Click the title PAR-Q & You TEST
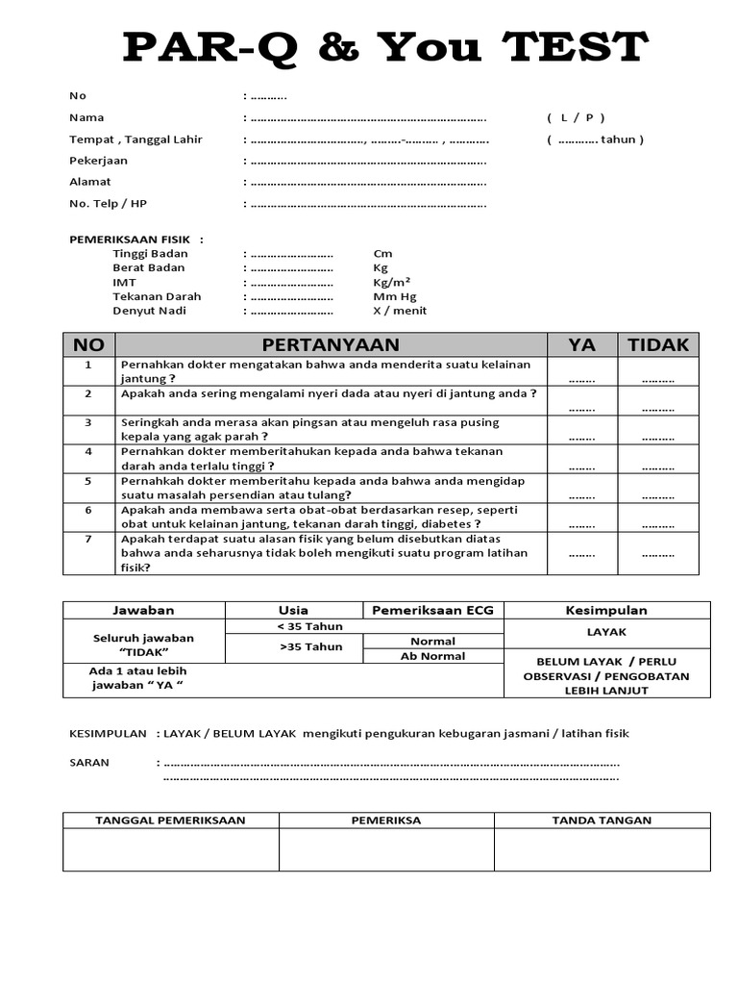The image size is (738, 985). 385,46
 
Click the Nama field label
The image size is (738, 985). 86,117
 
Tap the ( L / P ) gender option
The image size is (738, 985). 576,117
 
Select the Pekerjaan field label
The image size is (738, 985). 98,161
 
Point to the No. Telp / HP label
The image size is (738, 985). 108,204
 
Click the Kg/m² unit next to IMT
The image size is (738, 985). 392,283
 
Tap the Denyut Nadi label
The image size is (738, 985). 149,311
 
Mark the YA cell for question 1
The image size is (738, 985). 581,379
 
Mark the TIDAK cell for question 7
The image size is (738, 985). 658,554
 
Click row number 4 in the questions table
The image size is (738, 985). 88,451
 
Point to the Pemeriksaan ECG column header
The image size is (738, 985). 431,610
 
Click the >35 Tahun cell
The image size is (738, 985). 310,647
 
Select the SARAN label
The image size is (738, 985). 89,763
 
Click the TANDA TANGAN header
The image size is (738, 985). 602,821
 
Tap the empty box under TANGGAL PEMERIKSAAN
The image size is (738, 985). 171,850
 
